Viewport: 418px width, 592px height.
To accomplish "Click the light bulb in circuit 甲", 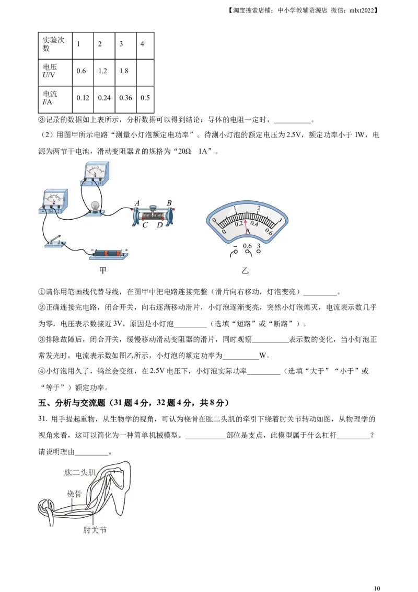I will click(95, 206).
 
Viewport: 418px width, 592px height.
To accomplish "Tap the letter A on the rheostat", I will click(137, 203).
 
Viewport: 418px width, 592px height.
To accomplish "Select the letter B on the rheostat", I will click(169, 203).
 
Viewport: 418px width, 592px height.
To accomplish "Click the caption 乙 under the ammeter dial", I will click(246, 271).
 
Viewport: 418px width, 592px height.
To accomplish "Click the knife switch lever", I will click(55, 240).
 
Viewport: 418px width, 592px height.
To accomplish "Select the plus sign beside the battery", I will click(126, 250).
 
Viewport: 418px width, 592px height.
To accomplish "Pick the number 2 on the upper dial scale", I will click(259, 208).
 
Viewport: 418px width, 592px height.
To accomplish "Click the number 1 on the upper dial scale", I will click(235, 208).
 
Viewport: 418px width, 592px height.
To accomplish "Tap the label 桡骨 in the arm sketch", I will click(74, 493).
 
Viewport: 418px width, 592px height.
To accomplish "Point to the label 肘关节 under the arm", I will click(95, 529).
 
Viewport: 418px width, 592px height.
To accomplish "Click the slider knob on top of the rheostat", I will click(154, 208).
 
